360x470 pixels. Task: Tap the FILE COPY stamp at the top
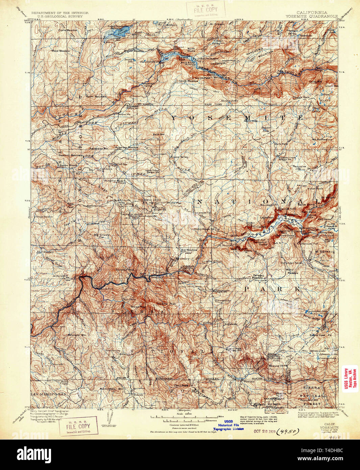tap(207, 9)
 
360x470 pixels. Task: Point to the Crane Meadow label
tap(67, 30)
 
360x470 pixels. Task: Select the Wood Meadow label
tap(60, 51)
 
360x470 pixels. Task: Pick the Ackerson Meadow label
tap(126, 148)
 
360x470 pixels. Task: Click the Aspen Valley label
tap(178, 157)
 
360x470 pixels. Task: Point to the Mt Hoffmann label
tap(322, 139)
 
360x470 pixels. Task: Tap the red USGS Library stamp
tap(350, 379)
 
